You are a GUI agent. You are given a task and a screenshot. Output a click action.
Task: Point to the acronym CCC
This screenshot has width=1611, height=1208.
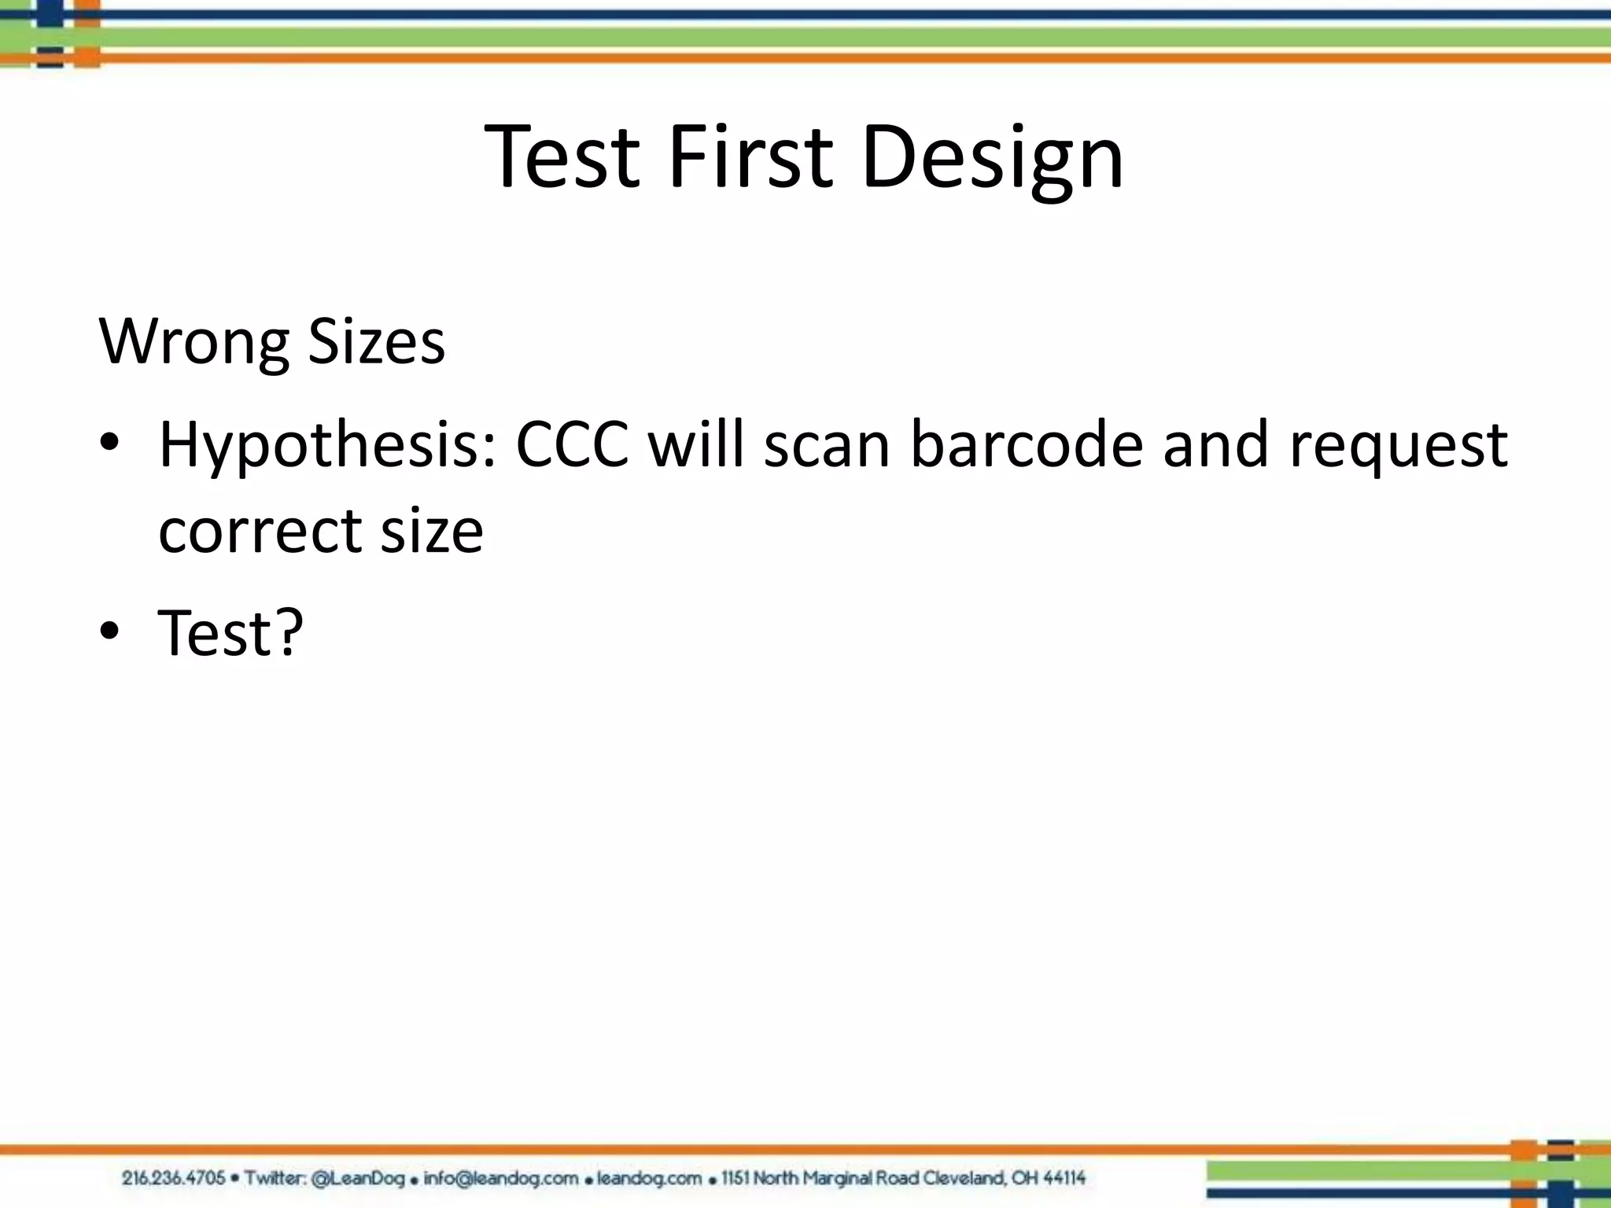pyautogui.click(x=572, y=445)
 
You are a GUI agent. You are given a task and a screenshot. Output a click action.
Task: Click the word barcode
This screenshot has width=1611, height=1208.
pyautogui.click(x=1027, y=445)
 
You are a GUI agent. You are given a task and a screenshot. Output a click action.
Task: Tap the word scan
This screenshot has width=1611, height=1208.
pyautogui.click(x=826, y=445)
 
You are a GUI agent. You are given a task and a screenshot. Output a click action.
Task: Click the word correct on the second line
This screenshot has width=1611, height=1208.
pyautogui.click(x=260, y=530)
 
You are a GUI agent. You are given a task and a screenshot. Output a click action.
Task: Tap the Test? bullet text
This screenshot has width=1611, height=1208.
pyautogui.click(x=230, y=632)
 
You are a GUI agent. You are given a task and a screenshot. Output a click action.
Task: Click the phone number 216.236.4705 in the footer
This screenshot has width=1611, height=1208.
pyautogui.click(x=174, y=1177)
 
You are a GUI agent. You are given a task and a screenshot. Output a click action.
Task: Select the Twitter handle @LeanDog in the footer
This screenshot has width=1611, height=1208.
pyautogui.click(x=358, y=1178)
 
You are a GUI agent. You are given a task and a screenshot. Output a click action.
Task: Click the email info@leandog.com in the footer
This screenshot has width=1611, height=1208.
pyautogui.click(x=501, y=1178)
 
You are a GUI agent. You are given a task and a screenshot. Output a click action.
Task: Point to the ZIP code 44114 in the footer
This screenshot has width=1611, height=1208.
pyautogui.click(x=1064, y=1177)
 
